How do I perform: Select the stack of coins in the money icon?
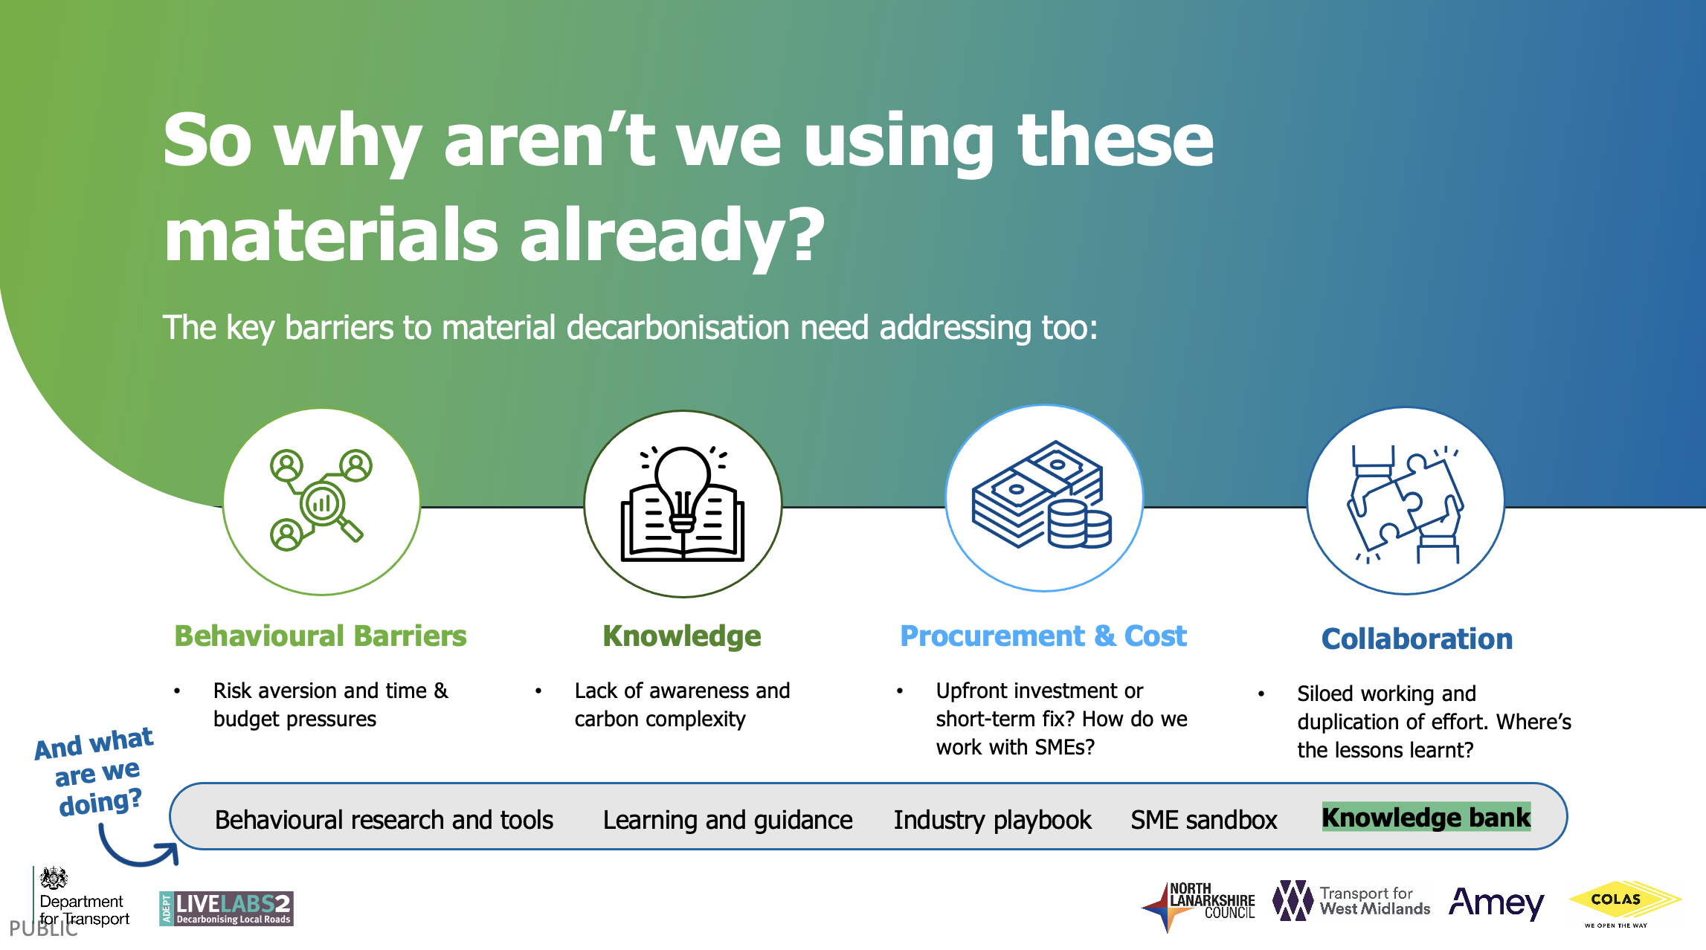[x=1079, y=524]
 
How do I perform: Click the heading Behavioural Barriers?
[x=321, y=636]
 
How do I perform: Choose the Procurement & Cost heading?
[x=1043, y=636]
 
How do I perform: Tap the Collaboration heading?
[x=1417, y=639]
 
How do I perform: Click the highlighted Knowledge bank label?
[x=1426, y=817]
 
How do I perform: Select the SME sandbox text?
[x=1204, y=819]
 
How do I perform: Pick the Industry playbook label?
[x=992, y=820]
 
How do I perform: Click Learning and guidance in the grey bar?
[x=727, y=820]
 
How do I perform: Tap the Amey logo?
[x=1496, y=903]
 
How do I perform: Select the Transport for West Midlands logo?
[x=1351, y=901]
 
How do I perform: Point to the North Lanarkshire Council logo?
[x=1198, y=906]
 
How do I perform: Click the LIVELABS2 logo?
[x=226, y=908]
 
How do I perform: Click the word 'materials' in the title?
[x=330, y=234]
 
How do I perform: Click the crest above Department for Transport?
[x=54, y=879]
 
